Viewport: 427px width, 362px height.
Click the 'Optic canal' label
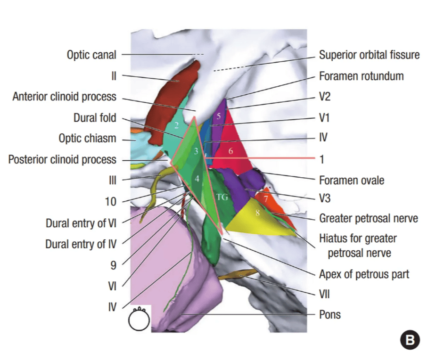pos(91,55)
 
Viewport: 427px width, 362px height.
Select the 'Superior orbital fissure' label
pos(369,55)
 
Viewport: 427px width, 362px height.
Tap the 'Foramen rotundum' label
pos(361,76)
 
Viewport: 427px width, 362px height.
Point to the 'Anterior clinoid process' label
pos(64,97)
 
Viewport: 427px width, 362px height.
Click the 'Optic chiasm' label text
pos(87,139)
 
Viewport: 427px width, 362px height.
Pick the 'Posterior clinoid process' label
pos(62,159)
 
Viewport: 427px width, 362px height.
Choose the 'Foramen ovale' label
pos(352,180)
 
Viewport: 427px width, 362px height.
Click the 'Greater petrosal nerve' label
pos(369,219)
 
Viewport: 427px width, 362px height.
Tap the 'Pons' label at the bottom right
pos(329,314)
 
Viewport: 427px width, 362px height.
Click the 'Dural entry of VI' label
pos(82,223)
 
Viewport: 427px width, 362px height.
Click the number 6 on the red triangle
pos(230,151)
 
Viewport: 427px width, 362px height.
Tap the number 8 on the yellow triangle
pos(257,213)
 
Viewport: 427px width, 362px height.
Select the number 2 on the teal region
pos(175,125)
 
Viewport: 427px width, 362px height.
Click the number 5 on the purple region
pos(218,116)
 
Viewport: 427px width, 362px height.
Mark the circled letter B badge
pos(410,340)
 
